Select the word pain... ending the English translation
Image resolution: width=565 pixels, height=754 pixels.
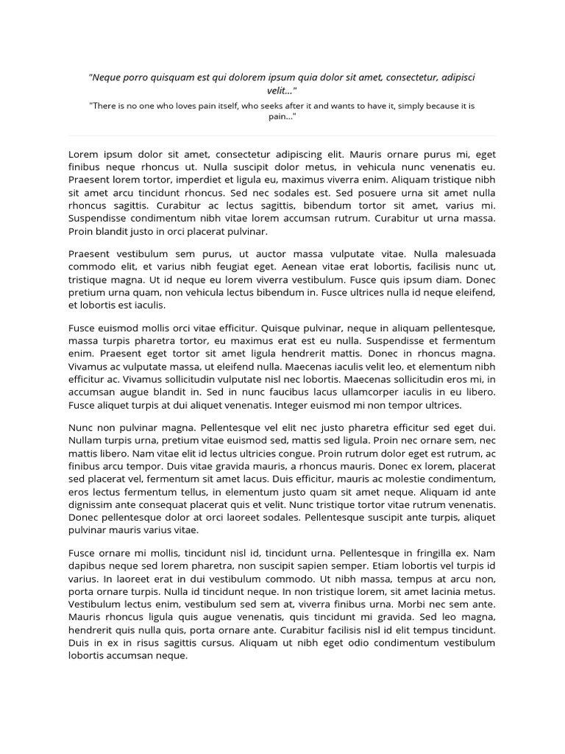[282, 117]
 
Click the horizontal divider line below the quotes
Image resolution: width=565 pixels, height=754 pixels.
[282, 135]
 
